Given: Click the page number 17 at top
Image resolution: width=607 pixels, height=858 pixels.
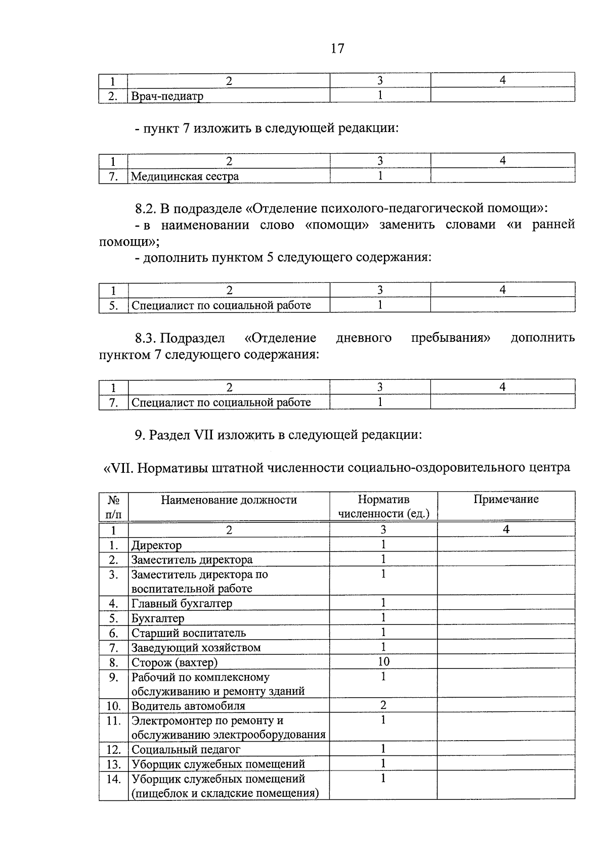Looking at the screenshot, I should tap(337, 49).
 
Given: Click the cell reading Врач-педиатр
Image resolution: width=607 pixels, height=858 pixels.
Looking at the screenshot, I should tap(167, 96).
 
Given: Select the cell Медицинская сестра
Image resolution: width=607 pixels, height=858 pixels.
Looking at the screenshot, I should tap(185, 176).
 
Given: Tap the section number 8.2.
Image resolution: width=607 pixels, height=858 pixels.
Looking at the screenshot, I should tap(145, 208).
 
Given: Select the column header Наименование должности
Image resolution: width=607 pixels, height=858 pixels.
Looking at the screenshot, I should tap(229, 500).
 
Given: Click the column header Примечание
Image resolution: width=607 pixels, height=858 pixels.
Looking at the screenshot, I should tap(506, 500).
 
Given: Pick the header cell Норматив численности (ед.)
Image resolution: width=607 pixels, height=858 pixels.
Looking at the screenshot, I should tap(383, 507).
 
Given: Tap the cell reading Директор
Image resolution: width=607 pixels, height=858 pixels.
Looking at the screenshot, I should tap(157, 546).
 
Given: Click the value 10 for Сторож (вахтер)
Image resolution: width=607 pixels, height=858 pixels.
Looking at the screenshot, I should tap(383, 662).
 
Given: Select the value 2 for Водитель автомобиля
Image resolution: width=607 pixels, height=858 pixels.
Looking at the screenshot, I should tap(383, 705).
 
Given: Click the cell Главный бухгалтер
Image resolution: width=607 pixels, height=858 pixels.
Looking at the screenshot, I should tap(182, 604).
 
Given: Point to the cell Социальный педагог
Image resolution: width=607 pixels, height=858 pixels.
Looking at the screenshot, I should tap(186, 749).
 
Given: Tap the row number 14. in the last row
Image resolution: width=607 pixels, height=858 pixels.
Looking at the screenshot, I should tap(113, 779).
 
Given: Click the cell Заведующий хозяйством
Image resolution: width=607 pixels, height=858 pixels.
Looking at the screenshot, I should tap(196, 648).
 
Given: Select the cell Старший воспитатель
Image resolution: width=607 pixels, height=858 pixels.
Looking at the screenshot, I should tap(189, 633).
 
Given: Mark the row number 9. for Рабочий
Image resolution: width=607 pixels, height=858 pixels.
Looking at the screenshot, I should tap(113, 677).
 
